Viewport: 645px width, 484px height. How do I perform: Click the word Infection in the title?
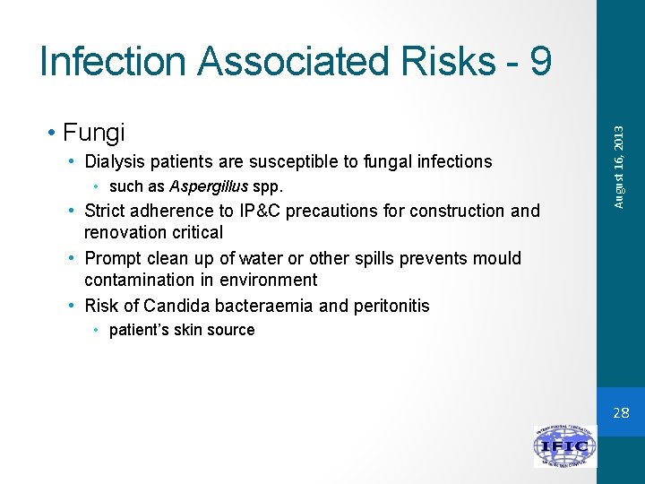pos(114,61)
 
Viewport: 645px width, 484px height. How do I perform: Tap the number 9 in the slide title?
pos(540,61)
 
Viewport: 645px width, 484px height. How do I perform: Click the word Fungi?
pos(94,133)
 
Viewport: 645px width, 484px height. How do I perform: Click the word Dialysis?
pos(116,161)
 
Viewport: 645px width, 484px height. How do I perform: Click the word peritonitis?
pos(389,306)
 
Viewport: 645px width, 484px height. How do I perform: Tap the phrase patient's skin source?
pos(182,330)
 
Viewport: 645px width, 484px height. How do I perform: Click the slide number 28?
pos(620,412)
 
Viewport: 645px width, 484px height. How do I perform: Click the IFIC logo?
pos(564,445)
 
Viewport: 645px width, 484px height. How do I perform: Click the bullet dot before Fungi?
pos(55,133)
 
